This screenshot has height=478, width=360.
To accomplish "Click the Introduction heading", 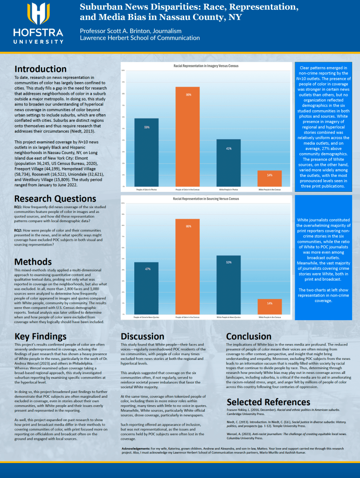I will point(41,69).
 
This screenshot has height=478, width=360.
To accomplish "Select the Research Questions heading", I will point(55,198).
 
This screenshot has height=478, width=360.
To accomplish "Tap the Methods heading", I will point(33,261).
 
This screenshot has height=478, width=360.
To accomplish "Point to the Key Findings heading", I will point(41,336).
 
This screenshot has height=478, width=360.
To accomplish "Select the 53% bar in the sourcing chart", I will point(228,284).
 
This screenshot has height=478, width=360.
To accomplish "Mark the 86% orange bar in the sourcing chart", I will point(188,266).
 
